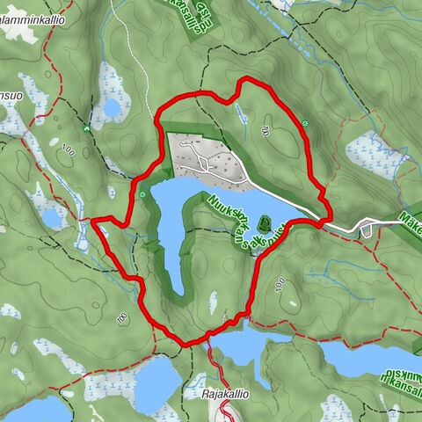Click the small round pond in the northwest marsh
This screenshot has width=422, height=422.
click(113, 108)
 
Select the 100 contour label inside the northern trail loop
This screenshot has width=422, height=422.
click(264, 131)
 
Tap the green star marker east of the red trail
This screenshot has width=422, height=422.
click(304, 123)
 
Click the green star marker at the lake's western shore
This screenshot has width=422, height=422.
click(142, 193)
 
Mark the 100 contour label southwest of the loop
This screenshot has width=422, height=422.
click(122, 317)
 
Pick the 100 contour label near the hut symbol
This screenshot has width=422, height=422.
click(69, 153)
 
